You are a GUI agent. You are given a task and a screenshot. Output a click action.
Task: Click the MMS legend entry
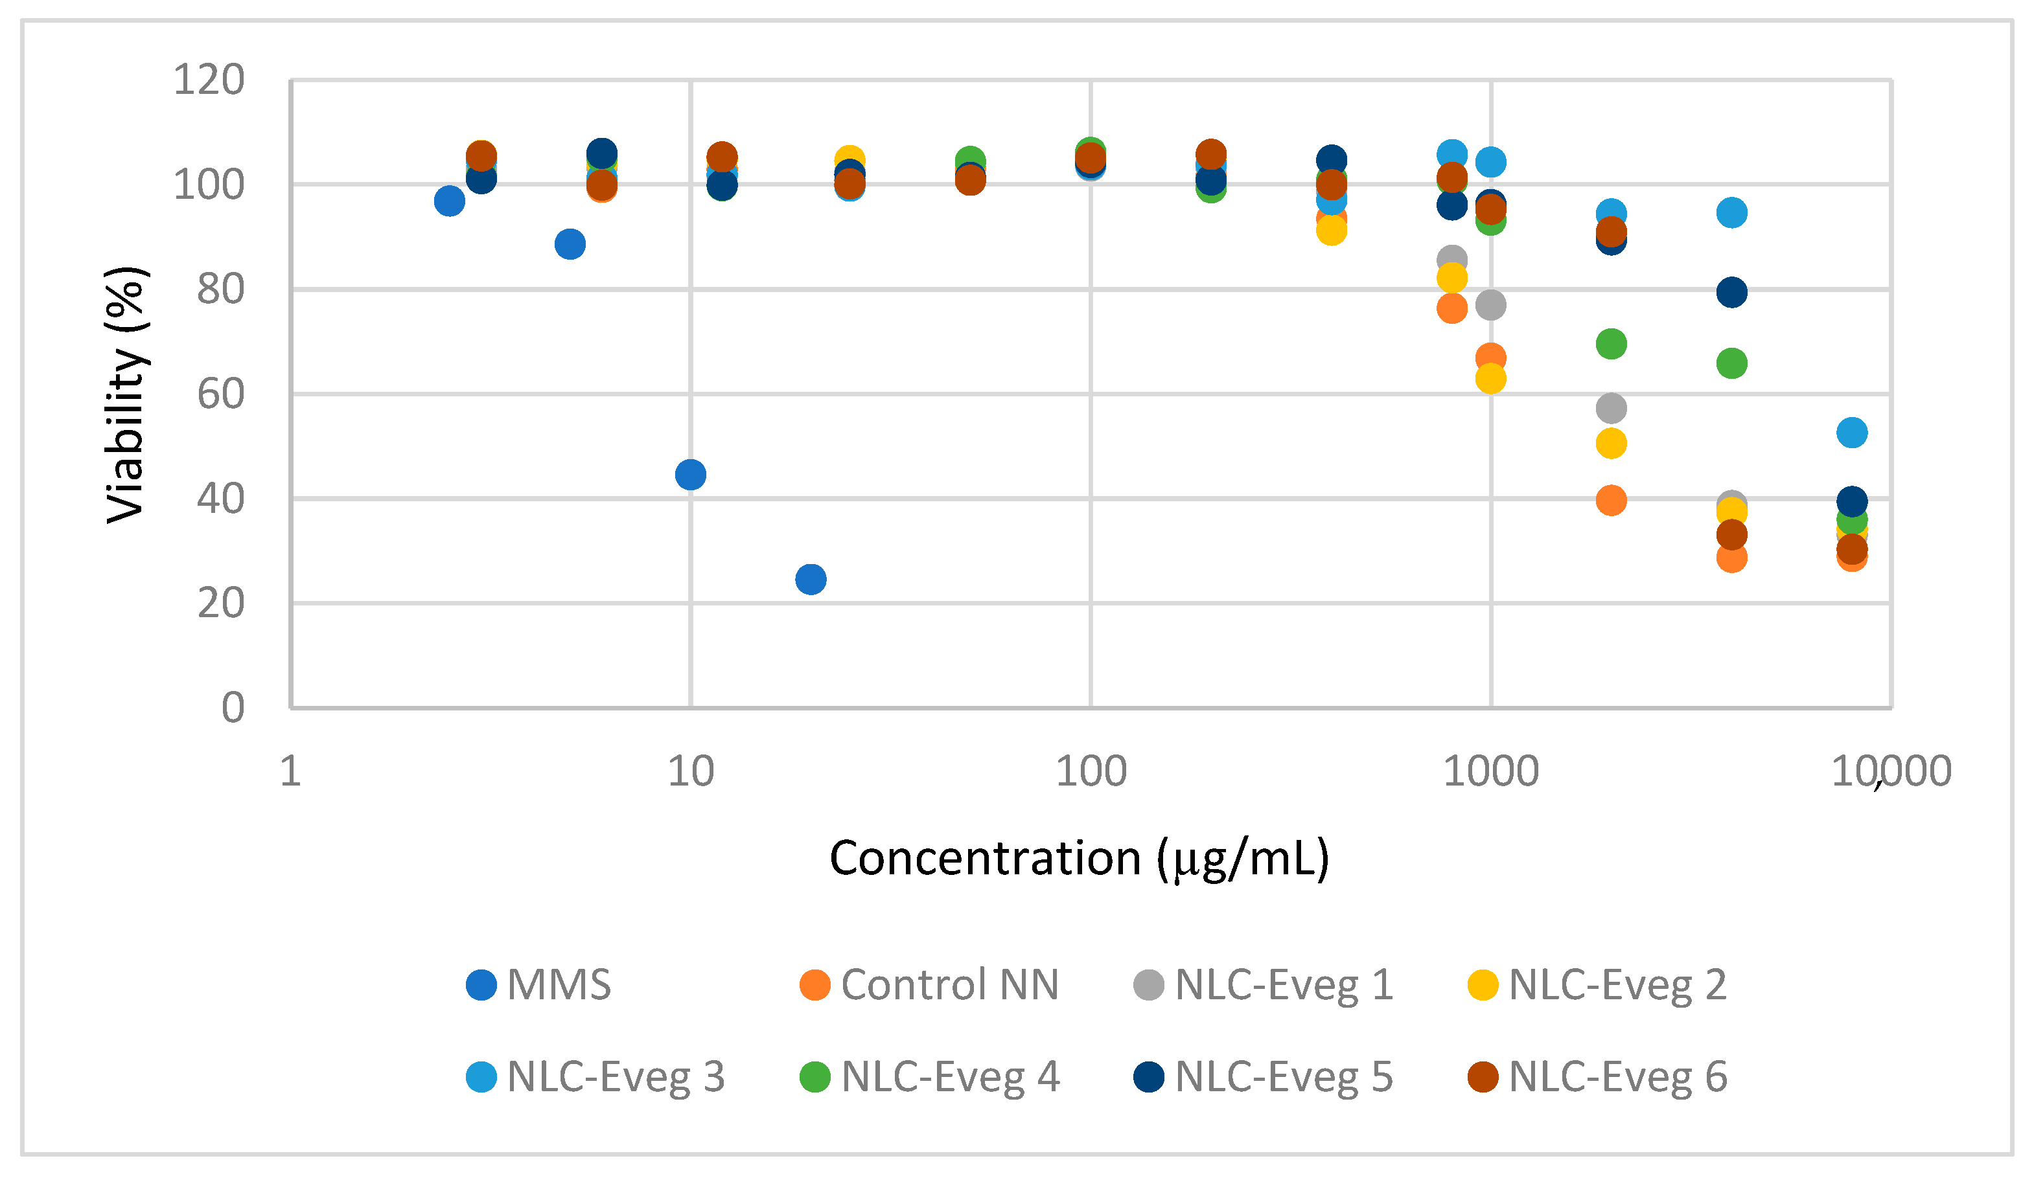click(538, 984)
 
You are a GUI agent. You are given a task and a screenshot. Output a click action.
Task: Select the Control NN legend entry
click(928, 984)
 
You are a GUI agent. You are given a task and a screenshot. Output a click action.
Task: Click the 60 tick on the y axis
click(220, 394)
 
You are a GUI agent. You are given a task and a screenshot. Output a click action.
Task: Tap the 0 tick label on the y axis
click(233, 708)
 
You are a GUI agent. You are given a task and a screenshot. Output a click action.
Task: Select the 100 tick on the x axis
click(1091, 771)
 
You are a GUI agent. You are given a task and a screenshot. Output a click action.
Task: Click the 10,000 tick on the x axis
click(1890, 771)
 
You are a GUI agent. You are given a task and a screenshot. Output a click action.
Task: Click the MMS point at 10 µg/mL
click(690, 475)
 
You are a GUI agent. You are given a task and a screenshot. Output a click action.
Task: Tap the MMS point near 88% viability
click(570, 244)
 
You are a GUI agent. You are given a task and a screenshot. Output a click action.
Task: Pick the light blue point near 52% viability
click(1851, 433)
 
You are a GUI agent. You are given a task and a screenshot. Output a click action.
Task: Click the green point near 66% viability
click(1731, 363)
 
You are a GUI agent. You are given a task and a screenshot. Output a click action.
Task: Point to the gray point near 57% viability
click(1611, 408)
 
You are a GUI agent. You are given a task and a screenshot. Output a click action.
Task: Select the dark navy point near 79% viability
click(1731, 292)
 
